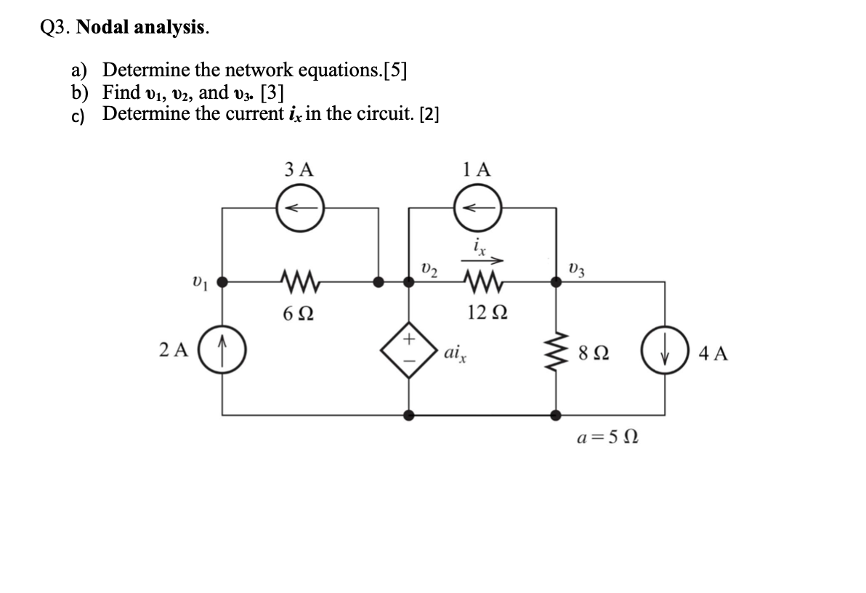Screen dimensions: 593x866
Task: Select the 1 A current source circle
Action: [x=477, y=209]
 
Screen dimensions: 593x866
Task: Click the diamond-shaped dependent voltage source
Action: [x=409, y=352]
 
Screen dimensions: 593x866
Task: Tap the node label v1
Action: [x=197, y=281]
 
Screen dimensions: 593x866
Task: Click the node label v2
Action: [x=430, y=271]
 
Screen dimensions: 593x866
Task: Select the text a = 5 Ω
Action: [x=607, y=439]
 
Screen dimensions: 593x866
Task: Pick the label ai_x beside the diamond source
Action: [x=456, y=355]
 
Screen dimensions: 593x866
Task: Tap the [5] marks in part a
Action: [x=394, y=70]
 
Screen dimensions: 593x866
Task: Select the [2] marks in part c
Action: [x=426, y=115]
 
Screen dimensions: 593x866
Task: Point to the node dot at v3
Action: [x=557, y=281]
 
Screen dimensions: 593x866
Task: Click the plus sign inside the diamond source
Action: [x=409, y=339]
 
